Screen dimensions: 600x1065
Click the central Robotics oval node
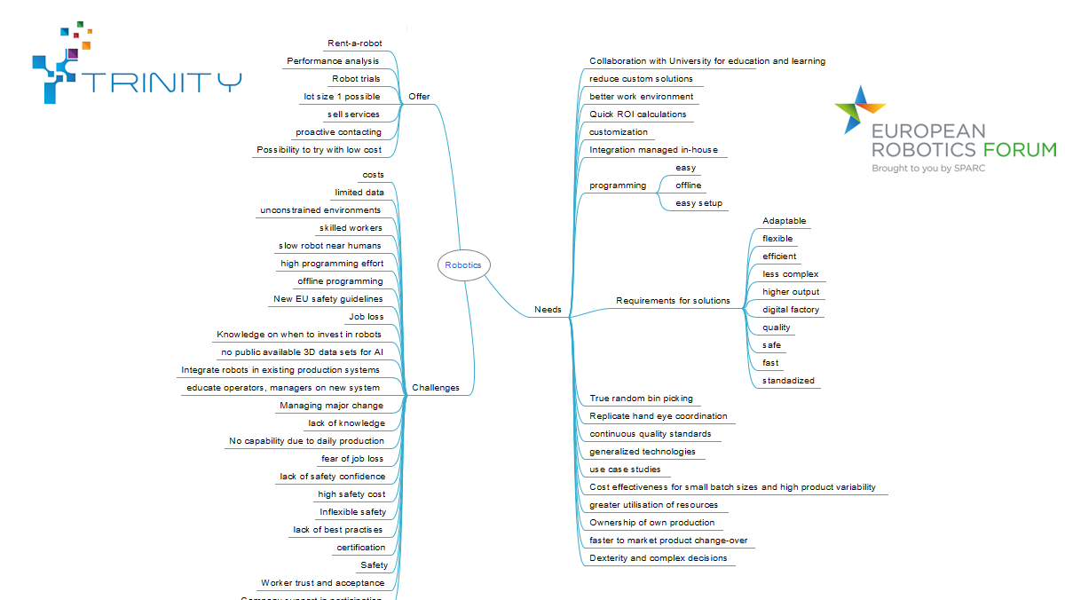tap(463, 264)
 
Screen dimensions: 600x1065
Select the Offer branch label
tap(419, 97)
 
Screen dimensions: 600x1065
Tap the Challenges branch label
tap(436, 388)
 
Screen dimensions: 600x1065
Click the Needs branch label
tap(548, 310)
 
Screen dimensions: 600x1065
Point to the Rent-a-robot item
tap(355, 43)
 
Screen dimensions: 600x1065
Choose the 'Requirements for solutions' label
tap(673, 301)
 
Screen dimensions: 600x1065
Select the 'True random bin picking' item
tap(641, 399)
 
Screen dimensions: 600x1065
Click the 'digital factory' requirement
tap(791, 310)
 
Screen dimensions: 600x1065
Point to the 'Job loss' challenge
tap(367, 317)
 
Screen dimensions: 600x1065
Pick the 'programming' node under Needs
tap(618, 186)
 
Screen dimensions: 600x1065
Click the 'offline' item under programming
tap(689, 186)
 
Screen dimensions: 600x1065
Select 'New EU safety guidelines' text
tap(328, 299)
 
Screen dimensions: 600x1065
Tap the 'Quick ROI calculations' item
tap(637, 114)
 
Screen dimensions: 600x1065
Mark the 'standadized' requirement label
tap(788, 381)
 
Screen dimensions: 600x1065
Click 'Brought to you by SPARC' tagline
tap(928, 168)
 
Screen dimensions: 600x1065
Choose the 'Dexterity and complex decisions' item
tap(658, 558)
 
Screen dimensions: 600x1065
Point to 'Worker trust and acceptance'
tap(323, 583)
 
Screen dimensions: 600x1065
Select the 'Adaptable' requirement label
tap(785, 221)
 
